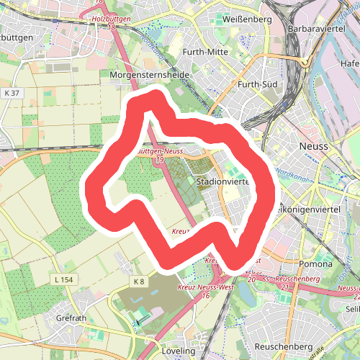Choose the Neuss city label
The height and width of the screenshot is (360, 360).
pos(312,145)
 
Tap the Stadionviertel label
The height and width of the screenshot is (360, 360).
pos(221,182)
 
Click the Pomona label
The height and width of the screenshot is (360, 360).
pos(317,264)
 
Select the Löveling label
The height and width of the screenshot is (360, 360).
pos(179,351)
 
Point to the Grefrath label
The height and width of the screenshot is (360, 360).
pos(71,317)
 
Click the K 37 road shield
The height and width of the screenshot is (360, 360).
pos(11,93)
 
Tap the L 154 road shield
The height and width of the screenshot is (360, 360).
pos(63,278)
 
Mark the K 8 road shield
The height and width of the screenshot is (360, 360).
pos(139,280)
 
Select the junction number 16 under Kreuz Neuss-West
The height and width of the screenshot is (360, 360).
pos(206,295)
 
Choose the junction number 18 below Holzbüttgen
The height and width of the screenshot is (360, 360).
pos(112,27)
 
